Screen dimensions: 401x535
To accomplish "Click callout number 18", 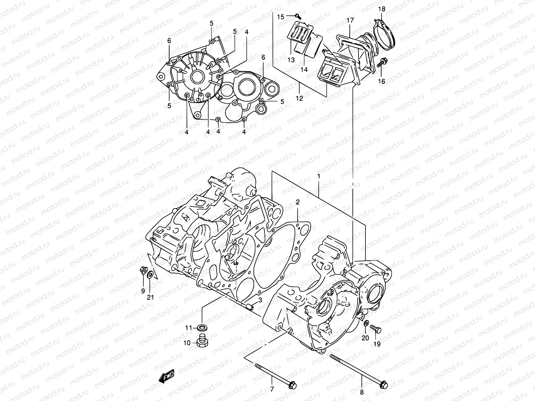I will tap(382, 9).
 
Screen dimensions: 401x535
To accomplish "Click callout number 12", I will tap(299, 98).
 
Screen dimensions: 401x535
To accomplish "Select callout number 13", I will tap(291, 60).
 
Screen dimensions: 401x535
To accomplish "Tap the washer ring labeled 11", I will tap(202, 326).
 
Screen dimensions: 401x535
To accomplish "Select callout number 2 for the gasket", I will tap(297, 202).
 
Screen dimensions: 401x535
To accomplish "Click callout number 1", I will tap(319, 176).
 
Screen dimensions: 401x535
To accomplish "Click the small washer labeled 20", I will tap(366, 324).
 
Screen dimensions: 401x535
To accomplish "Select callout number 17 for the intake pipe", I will tap(350, 20).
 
